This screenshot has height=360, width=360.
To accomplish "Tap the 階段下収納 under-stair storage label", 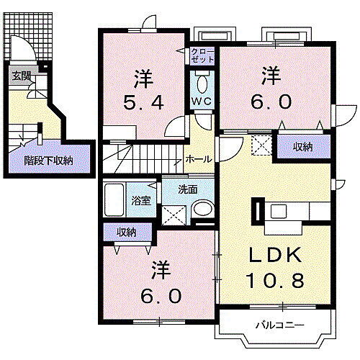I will click(x=49, y=161).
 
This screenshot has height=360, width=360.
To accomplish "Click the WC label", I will click(x=200, y=101).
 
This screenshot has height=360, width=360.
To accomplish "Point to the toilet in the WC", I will click(x=200, y=78).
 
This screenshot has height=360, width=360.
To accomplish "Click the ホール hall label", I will click(x=198, y=159).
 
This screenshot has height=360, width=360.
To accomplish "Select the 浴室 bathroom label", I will click(x=141, y=201).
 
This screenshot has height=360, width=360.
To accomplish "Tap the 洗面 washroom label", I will click(x=188, y=189).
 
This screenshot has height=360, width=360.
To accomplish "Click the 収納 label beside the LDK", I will click(x=302, y=147).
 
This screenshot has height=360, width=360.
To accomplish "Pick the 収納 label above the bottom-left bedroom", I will click(x=127, y=232).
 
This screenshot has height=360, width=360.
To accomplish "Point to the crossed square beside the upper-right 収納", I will click(x=261, y=146).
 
